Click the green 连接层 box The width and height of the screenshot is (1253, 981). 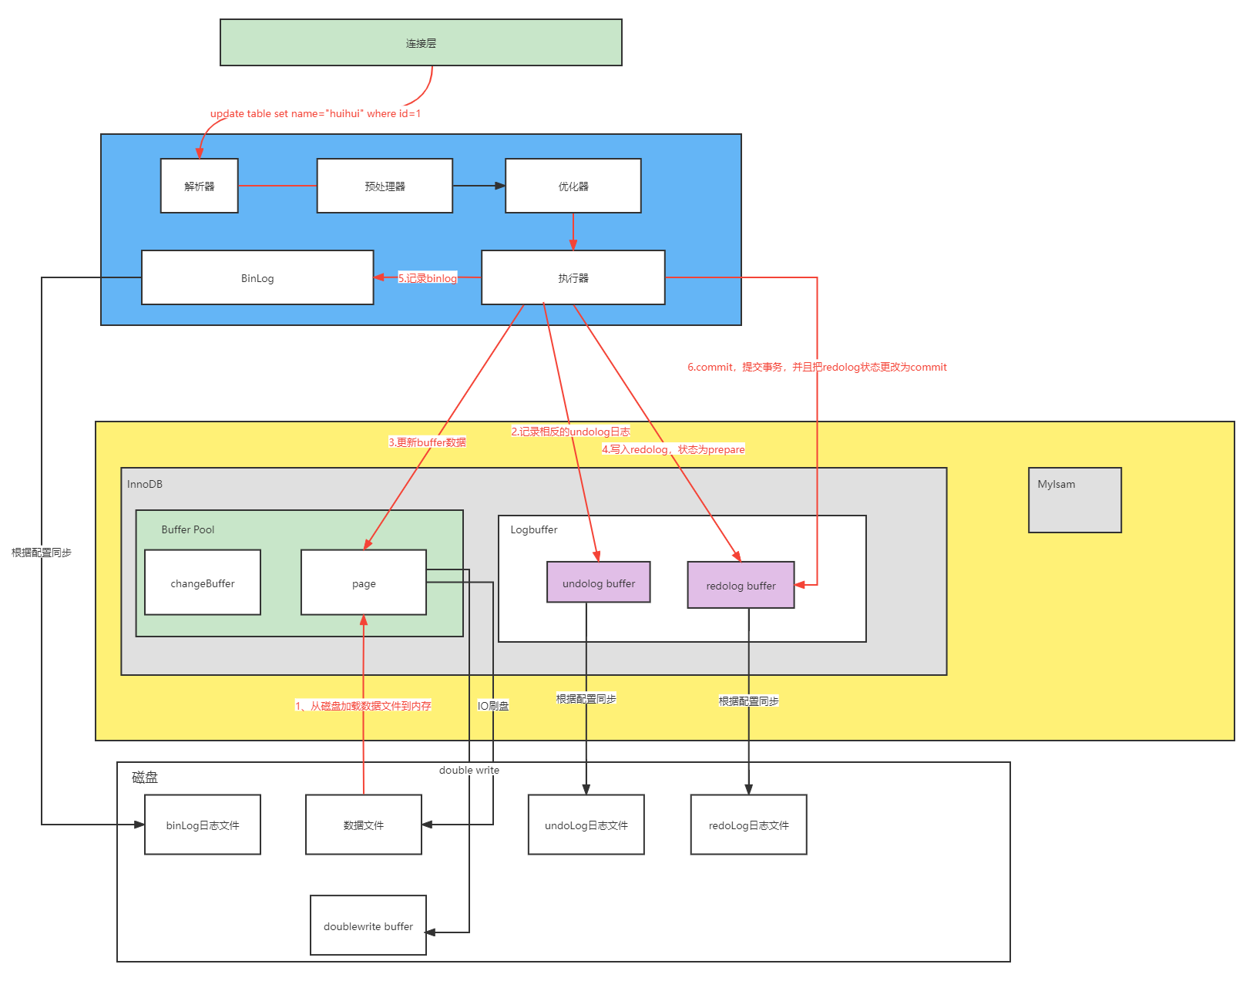[421, 43]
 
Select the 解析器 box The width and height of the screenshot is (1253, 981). [199, 186]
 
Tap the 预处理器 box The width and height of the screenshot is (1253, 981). [385, 186]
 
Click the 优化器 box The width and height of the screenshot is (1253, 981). [573, 186]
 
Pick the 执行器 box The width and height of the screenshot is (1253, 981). [573, 277]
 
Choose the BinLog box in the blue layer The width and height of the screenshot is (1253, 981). [257, 277]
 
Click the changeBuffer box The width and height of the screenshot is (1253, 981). [202, 583]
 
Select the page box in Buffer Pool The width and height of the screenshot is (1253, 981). [364, 583]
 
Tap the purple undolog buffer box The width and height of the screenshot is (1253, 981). [599, 583]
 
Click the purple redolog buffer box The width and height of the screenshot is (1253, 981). [741, 585]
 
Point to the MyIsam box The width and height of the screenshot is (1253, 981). [1074, 500]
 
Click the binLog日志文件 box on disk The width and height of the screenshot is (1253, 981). [202, 825]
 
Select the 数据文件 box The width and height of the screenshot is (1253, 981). [363, 825]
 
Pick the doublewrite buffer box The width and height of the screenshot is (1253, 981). [368, 926]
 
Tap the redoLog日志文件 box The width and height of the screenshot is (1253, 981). [748, 825]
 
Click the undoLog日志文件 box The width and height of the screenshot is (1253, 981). [586, 825]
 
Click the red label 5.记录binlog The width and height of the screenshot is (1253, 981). [428, 278]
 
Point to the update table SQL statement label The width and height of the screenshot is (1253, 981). [315, 113]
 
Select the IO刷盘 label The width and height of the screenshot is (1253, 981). [493, 705]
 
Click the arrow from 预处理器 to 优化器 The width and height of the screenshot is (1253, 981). [478, 186]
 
